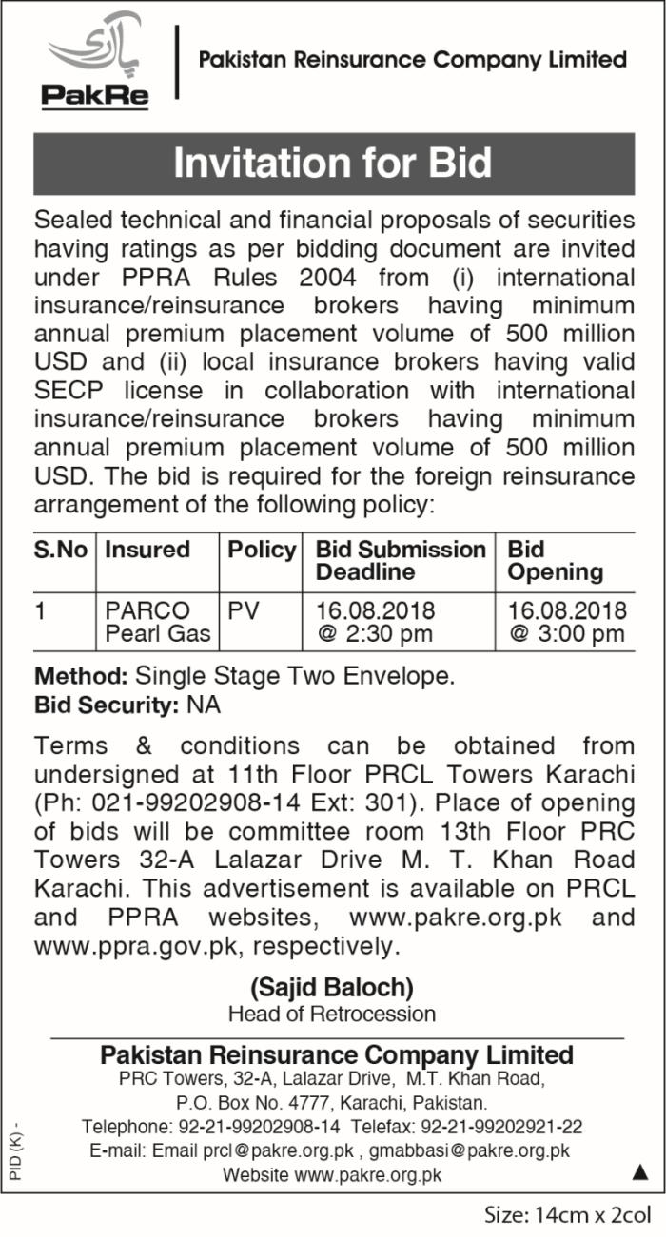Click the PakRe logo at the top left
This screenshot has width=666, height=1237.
pyautogui.click(x=94, y=63)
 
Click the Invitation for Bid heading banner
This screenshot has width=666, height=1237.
pyautogui.click(x=333, y=163)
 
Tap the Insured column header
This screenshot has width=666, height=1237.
pyautogui.click(x=147, y=550)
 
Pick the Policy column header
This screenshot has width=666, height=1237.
pyautogui.click(x=262, y=550)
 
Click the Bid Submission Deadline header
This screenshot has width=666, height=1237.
pyautogui.click(x=400, y=561)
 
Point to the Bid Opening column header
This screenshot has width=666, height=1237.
pyautogui.click(x=555, y=561)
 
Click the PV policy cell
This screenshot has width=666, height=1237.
pyautogui.click(x=244, y=610)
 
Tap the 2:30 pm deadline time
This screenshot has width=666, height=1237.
pyautogui.click(x=376, y=634)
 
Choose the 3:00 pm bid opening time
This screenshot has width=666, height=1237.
pyautogui.click(x=567, y=634)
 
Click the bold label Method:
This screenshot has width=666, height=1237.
pyautogui.click(x=82, y=677)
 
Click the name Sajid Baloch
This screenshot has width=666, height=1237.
pyautogui.click(x=331, y=987)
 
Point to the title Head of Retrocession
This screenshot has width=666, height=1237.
pyautogui.click(x=331, y=1014)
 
